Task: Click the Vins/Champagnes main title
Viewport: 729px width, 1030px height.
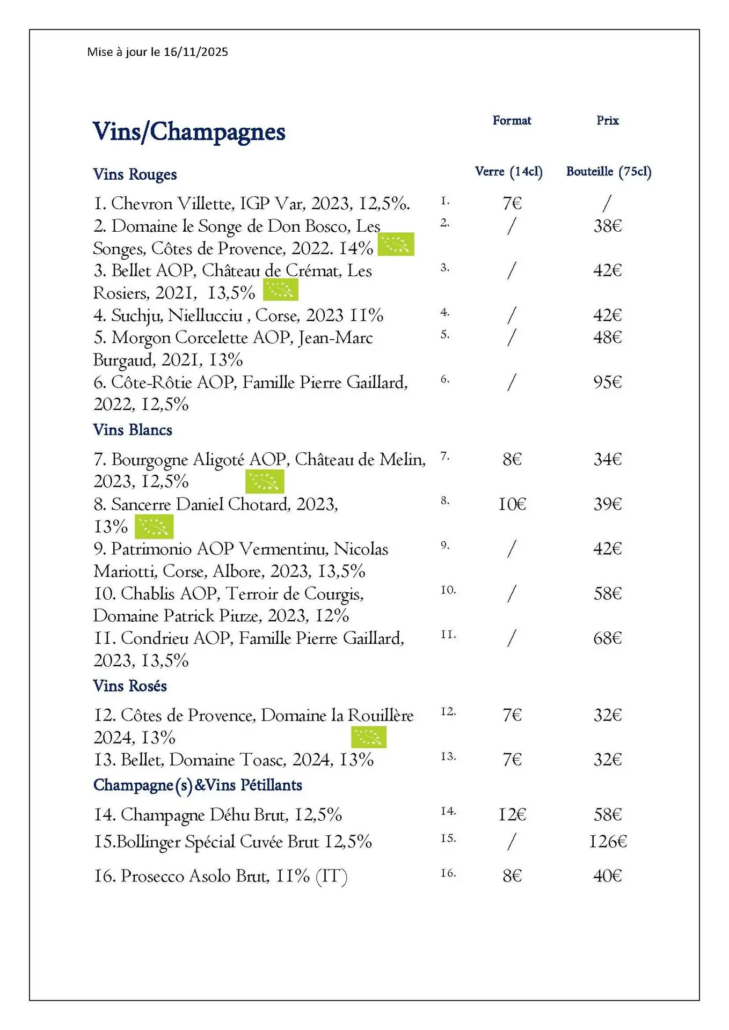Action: [x=189, y=132]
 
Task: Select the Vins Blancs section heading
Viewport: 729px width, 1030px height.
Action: [x=133, y=430]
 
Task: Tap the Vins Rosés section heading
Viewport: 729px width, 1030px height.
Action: [x=130, y=686]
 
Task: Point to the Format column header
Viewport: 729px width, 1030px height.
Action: [x=512, y=120]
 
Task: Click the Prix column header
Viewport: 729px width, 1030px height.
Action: [x=607, y=120]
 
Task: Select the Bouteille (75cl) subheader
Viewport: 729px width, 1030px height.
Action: [x=608, y=172]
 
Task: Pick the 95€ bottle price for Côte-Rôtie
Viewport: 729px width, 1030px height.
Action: [x=607, y=382]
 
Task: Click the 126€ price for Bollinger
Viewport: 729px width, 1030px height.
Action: [x=608, y=841]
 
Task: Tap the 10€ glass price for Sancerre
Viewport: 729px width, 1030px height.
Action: [x=512, y=504]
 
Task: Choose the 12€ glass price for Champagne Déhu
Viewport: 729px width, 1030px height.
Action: [x=512, y=814]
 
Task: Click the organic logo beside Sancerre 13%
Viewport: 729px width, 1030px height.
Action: [x=154, y=526]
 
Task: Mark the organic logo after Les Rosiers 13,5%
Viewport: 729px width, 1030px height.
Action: [x=280, y=290]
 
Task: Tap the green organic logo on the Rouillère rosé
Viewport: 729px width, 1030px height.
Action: [x=369, y=737]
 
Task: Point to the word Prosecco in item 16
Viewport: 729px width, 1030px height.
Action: [x=152, y=876]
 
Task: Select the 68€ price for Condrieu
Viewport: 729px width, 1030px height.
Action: [x=607, y=638]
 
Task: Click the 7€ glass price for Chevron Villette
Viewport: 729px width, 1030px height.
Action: [x=512, y=203]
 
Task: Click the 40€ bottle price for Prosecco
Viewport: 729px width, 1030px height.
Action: [x=607, y=876]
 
